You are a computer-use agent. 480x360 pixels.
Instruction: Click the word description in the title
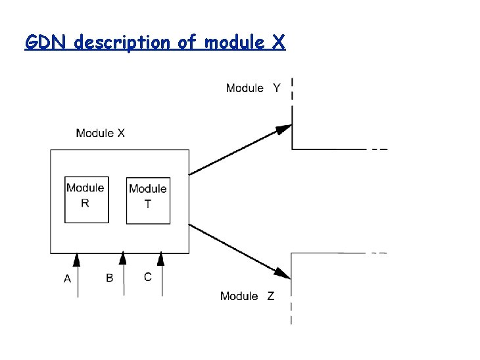(x=124, y=43)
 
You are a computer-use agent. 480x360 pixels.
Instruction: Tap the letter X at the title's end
(x=278, y=43)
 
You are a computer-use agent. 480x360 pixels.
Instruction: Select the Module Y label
(x=253, y=88)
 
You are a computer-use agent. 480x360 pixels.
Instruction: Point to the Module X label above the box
(x=101, y=133)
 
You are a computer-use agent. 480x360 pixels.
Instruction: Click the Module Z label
(x=248, y=296)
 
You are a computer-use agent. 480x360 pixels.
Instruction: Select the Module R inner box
(x=86, y=200)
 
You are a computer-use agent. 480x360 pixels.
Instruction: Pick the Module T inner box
(x=148, y=201)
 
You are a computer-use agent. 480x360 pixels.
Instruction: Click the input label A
(x=68, y=279)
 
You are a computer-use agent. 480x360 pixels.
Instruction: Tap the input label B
(x=109, y=278)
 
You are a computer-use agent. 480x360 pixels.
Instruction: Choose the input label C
(x=147, y=277)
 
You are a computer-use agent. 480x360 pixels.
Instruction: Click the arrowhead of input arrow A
(x=77, y=259)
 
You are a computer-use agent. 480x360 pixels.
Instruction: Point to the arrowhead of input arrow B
(x=122, y=259)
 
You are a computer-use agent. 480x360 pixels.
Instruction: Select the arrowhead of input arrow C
(x=161, y=259)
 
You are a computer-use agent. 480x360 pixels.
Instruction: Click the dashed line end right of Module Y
(x=379, y=149)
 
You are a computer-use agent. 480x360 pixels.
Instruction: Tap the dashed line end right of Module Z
(x=379, y=253)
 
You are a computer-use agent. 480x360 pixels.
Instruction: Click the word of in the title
(x=187, y=43)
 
